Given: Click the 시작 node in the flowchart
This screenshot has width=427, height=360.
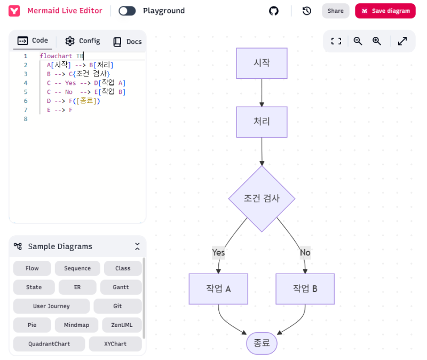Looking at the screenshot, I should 262,63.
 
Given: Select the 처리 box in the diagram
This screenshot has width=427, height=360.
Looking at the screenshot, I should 262,122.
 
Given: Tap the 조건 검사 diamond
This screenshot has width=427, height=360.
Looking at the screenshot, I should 262,198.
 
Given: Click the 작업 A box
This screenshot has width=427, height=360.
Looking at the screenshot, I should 218,289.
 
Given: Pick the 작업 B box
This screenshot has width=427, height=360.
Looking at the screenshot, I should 305,289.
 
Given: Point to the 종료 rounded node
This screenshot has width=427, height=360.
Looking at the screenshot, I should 262,343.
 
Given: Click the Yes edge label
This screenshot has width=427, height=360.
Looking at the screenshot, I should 218,252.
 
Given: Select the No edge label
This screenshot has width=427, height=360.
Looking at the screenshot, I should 305,252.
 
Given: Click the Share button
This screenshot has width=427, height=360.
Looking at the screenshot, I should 335,11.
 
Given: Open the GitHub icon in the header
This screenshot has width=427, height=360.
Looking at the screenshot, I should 274,11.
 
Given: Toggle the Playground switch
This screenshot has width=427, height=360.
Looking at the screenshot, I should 127,11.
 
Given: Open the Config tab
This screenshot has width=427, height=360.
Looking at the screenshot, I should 83,41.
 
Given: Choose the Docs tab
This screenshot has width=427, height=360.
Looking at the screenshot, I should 127,42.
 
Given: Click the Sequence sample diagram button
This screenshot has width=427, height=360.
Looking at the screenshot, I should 77,268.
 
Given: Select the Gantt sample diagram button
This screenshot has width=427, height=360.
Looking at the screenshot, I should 121,287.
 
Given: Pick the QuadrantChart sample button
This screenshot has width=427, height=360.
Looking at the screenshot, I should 49,344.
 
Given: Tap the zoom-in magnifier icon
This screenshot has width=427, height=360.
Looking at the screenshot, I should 377,41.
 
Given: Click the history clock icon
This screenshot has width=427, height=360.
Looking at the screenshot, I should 306,11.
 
